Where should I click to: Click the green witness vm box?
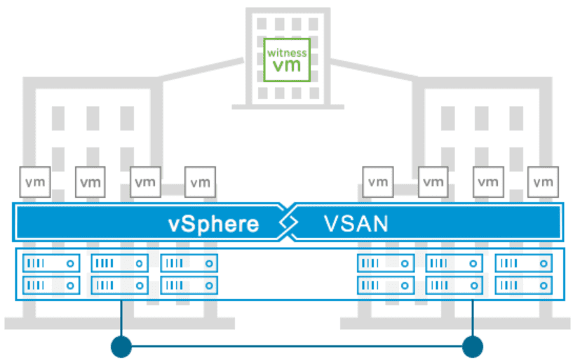click(x=285, y=59)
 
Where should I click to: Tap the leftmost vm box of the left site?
click(x=34, y=182)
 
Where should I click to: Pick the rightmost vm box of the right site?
click(x=543, y=182)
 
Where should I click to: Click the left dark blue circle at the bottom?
click(x=122, y=345)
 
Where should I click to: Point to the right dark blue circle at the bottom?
click(x=473, y=345)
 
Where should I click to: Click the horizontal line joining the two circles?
click(x=297, y=345)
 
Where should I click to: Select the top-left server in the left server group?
click(x=51, y=263)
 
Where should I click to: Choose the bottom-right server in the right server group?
click(x=523, y=285)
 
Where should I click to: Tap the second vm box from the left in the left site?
click(x=89, y=182)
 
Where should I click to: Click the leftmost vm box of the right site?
click(x=378, y=182)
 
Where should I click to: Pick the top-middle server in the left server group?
click(x=119, y=263)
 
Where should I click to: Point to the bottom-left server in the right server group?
click(x=385, y=285)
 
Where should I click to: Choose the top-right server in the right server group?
click(x=523, y=263)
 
